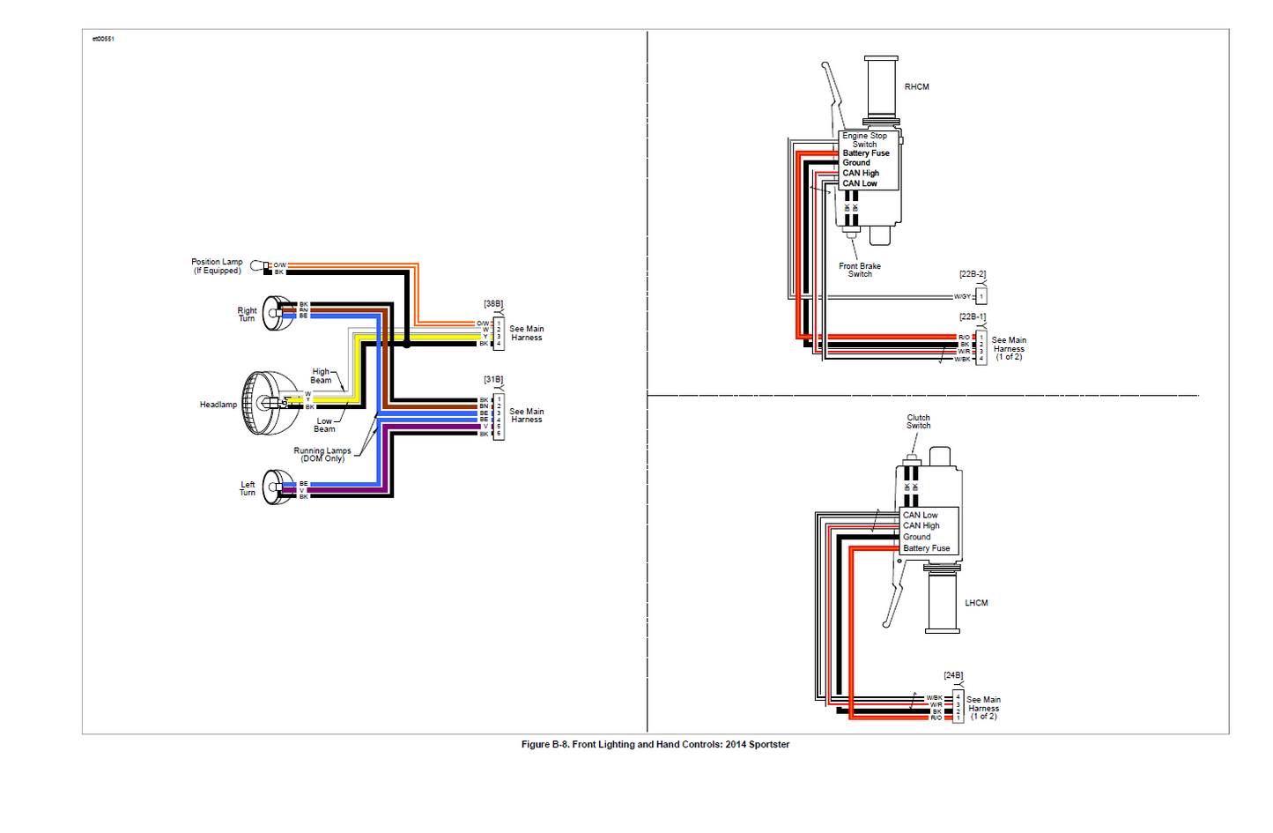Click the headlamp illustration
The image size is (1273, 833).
270,403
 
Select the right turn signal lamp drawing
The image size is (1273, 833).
278,313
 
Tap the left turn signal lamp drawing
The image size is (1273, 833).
278,487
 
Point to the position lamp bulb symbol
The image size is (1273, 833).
257,265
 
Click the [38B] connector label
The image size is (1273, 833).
493,304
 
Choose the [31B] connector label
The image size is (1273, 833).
493,380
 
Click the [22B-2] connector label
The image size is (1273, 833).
973,275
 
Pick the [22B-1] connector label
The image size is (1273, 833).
973,317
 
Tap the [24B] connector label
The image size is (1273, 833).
953,676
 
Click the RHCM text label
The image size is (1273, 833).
916,87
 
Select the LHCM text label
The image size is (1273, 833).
976,604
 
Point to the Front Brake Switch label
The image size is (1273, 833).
860,270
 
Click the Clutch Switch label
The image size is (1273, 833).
918,421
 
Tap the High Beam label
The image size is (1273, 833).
321,376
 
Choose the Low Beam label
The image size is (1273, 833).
324,425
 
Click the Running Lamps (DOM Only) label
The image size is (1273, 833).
322,455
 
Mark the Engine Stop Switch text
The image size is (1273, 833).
864,140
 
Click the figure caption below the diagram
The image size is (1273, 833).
655,745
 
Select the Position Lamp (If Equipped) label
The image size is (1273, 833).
217,266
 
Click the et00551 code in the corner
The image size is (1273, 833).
103,39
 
